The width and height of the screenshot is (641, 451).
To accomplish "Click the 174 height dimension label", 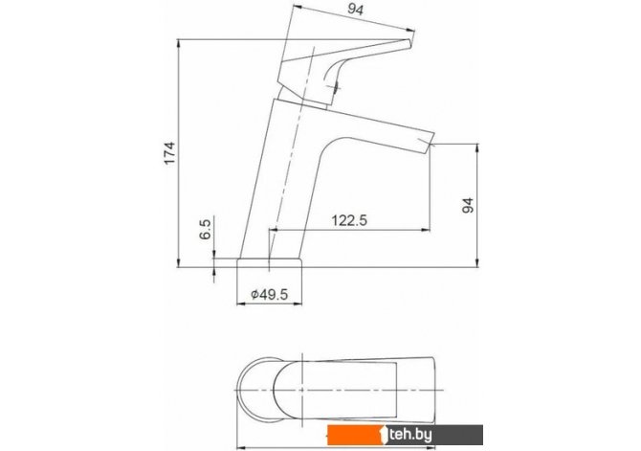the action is click(169, 153).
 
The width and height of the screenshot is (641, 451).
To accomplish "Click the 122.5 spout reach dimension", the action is click(349, 220).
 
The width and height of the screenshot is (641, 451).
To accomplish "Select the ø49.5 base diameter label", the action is click(270, 294).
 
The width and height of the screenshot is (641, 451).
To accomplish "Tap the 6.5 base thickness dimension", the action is click(205, 229).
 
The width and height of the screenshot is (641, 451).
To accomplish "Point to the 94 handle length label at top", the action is click(355, 10).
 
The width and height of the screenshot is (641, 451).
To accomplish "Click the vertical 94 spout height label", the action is click(468, 205).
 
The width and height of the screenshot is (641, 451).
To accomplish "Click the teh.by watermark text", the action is click(410, 435).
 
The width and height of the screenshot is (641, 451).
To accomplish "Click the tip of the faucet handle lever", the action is click(409, 43).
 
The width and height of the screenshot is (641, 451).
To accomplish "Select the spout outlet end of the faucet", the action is click(430, 144).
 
